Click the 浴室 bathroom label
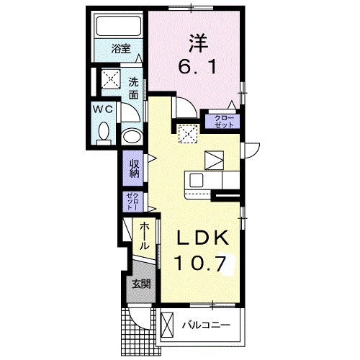(121, 50)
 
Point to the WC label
(101, 109)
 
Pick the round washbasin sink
(132, 136)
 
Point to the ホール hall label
(145, 235)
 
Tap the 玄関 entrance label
(140, 283)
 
